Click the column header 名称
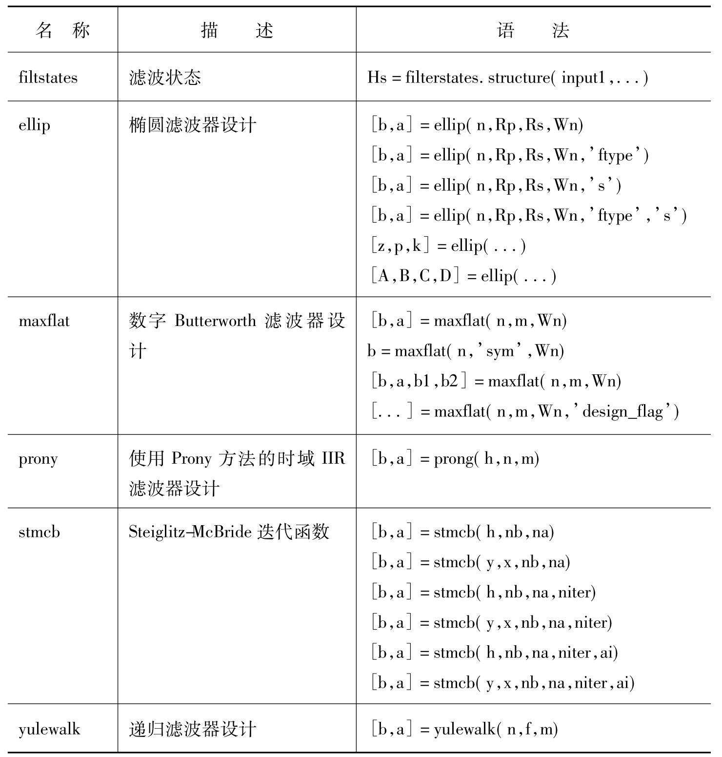[62, 31]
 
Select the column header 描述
[237, 31]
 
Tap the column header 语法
[533, 31]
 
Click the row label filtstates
[48, 78]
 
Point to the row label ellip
[34, 125]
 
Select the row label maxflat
[44, 321]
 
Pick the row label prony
[38, 459]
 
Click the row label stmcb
[39, 532]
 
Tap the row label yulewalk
[49, 729]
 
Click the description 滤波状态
[165, 78]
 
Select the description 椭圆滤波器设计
[192, 125]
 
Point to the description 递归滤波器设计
[192, 729]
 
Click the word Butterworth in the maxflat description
[215, 321]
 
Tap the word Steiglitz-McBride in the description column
[190, 532]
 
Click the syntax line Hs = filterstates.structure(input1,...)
[507, 78]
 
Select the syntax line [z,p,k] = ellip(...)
[447, 246]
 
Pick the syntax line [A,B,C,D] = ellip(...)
[462, 276]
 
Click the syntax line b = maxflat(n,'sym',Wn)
[465, 351]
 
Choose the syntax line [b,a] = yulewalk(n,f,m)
[464, 729]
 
